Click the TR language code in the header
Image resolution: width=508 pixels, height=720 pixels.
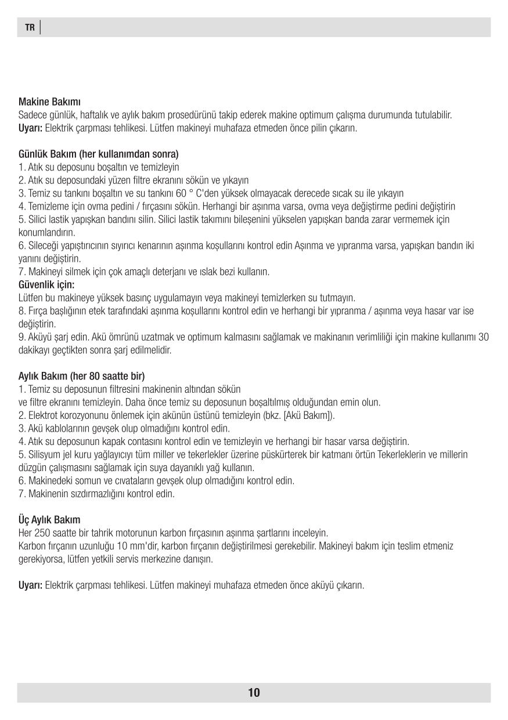coord(30,28)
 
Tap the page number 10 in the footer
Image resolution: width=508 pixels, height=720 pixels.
coord(254,692)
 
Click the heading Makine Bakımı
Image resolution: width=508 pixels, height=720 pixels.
coord(49,103)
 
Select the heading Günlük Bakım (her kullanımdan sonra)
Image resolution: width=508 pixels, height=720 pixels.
coord(98,155)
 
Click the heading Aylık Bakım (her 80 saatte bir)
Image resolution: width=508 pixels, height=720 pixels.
coord(82,376)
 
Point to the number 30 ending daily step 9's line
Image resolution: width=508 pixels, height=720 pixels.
coord(483,337)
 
